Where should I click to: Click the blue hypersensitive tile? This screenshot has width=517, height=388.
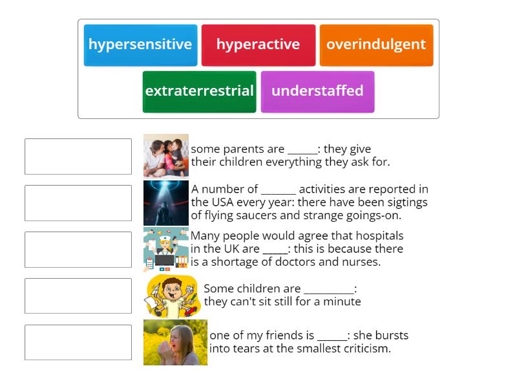140,45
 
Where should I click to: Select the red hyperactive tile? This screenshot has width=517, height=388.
258,45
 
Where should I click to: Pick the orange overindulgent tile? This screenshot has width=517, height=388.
376,45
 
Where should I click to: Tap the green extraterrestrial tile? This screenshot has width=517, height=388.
199,92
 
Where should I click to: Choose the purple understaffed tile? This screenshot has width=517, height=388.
317,92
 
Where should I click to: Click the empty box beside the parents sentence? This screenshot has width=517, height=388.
78,156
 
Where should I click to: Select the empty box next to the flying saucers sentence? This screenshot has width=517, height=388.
78,203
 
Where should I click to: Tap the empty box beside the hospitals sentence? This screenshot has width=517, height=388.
78,250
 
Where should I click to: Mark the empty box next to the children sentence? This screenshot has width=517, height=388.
78,296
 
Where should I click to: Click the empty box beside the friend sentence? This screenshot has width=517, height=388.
78,343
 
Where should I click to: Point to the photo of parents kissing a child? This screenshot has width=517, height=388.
166,156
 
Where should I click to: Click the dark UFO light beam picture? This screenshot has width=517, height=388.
166,202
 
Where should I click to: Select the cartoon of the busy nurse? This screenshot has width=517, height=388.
166,250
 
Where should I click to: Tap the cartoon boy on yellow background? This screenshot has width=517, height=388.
171,296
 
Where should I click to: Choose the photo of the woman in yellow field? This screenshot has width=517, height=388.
175,342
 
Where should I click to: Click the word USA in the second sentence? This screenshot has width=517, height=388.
228,202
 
